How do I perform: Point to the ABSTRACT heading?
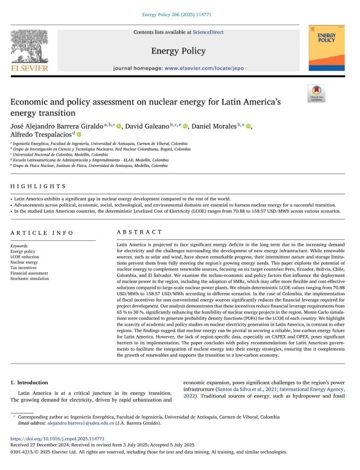[x=139, y=232]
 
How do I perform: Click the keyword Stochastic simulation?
[x=29, y=279]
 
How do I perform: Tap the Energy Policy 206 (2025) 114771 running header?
[x=180, y=16]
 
